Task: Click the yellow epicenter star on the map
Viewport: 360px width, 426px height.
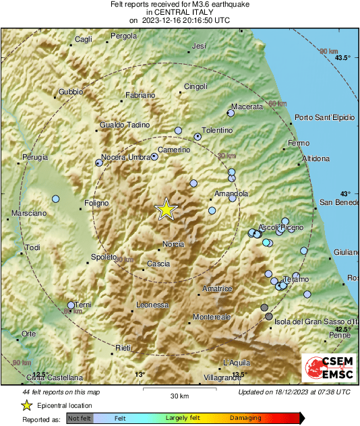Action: [165, 210]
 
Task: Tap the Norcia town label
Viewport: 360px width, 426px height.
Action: [173, 244]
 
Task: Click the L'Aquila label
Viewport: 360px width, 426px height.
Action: [237, 362]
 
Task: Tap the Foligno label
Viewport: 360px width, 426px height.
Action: [96, 202]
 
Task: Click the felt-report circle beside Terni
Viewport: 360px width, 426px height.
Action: [71, 305]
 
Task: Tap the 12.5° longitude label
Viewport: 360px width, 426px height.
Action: [40, 374]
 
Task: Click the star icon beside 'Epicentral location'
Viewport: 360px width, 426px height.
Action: [26, 406]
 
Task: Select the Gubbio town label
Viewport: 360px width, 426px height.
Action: [71, 91]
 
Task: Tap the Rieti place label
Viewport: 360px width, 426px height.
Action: [123, 347]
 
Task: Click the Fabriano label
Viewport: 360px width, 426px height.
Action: [140, 96]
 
